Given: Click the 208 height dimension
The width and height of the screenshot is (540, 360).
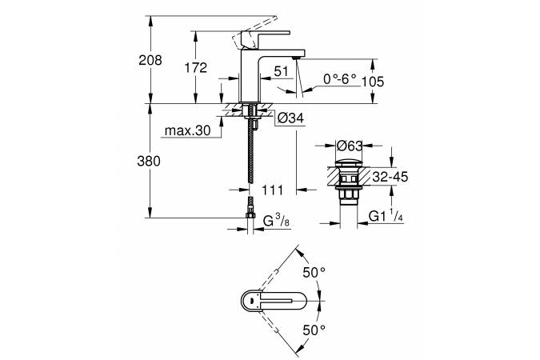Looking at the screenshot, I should pyautogui.click(x=150, y=60).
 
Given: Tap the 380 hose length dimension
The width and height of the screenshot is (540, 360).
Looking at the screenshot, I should pyautogui.click(x=150, y=161).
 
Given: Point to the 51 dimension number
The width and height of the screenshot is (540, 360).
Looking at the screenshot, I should pyautogui.click(x=281, y=71).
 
